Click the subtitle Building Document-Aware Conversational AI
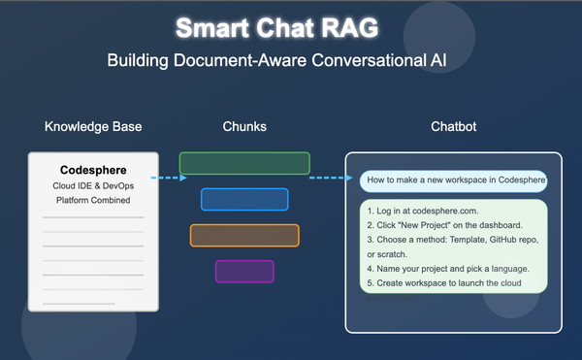tap(290, 61)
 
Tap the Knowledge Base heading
tap(93, 127)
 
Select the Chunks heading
tap(243, 127)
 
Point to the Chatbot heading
tap(453, 127)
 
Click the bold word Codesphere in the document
tap(93, 170)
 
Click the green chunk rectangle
tap(244, 163)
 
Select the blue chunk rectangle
tap(244, 199)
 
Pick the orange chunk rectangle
tap(244, 235)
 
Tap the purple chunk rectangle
tap(244, 271)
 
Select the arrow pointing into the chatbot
tap(331, 178)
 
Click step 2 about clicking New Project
tap(438, 224)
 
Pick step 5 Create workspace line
tap(445, 283)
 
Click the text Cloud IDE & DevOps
tap(93, 185)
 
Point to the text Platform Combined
tap(93, 200)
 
